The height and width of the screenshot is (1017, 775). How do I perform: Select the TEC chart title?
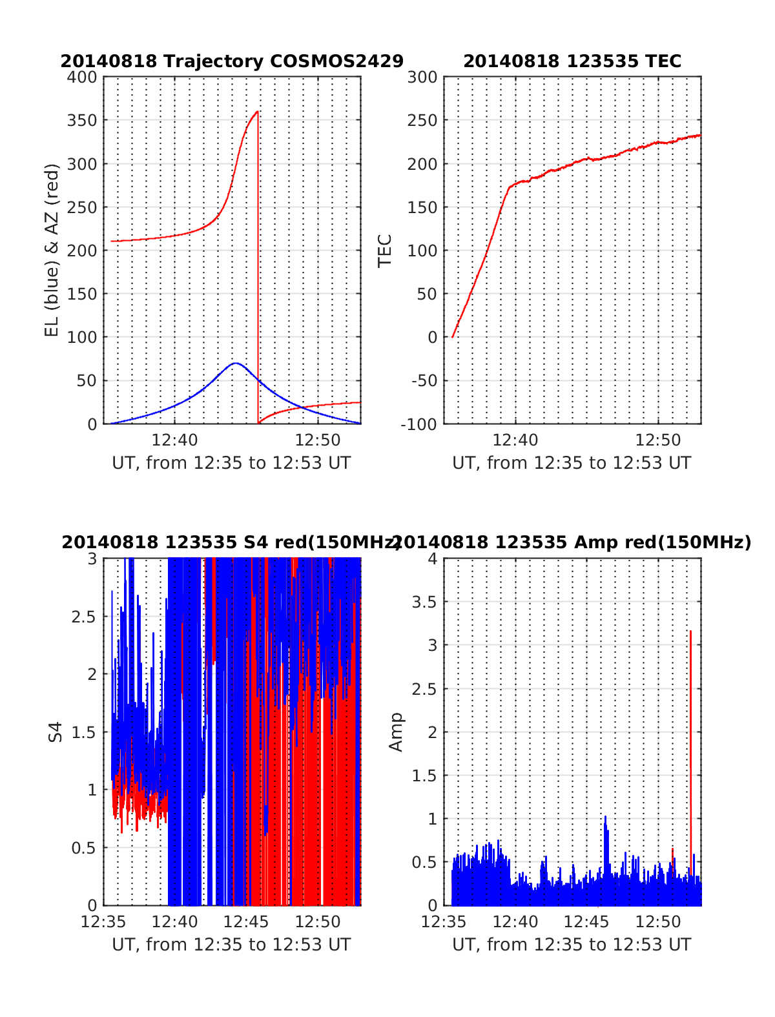(572, 61)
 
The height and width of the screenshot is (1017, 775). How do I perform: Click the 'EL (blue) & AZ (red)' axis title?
(52, 250)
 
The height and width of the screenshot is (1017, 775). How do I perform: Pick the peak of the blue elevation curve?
(236, 363)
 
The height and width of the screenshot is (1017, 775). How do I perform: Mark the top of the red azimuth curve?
(257, 112)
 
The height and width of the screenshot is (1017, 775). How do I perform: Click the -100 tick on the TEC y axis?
(422, 424)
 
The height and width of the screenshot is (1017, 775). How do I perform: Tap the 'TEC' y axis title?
(385, 251)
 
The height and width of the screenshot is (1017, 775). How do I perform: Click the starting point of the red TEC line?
(453, 336)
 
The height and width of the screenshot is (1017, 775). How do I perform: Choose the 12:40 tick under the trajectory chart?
(175, 440)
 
